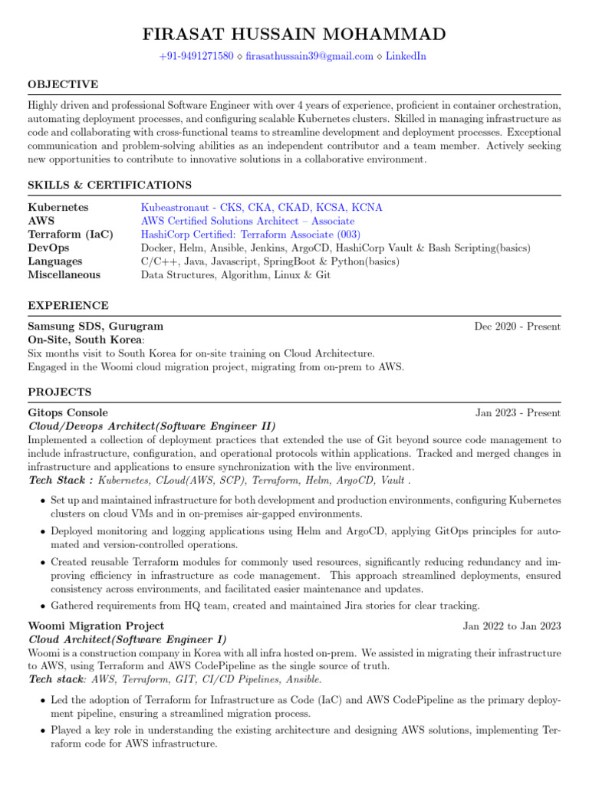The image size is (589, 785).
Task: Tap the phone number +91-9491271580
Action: click(196, 56)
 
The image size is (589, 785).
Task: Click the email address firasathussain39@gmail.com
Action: click(309, 56)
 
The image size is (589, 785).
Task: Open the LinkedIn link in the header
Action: click(406, 56)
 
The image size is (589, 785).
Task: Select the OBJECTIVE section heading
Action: click(63, 84)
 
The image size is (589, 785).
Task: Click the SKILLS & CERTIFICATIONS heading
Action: click(110, 186)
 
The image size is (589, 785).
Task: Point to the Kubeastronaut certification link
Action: click(262, 208)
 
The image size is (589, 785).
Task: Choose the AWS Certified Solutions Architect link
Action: click(248, 221)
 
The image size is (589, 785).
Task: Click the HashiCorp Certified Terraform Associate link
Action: click(251, 235)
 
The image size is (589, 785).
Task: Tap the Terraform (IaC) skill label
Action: click(71, 235)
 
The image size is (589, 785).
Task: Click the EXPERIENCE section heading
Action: click(68, 305)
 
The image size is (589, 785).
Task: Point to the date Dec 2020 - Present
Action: click(517, 327)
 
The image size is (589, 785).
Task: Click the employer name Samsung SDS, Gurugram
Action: click(95, 327)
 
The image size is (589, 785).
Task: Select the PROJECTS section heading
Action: click(60, 392)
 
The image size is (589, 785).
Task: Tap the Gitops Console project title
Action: click(68, 413)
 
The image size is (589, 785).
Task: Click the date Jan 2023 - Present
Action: click(518, 413)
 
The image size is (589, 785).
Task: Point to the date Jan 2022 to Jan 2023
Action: click(512, 626)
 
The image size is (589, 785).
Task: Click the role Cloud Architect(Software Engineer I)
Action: click(127, 639)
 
